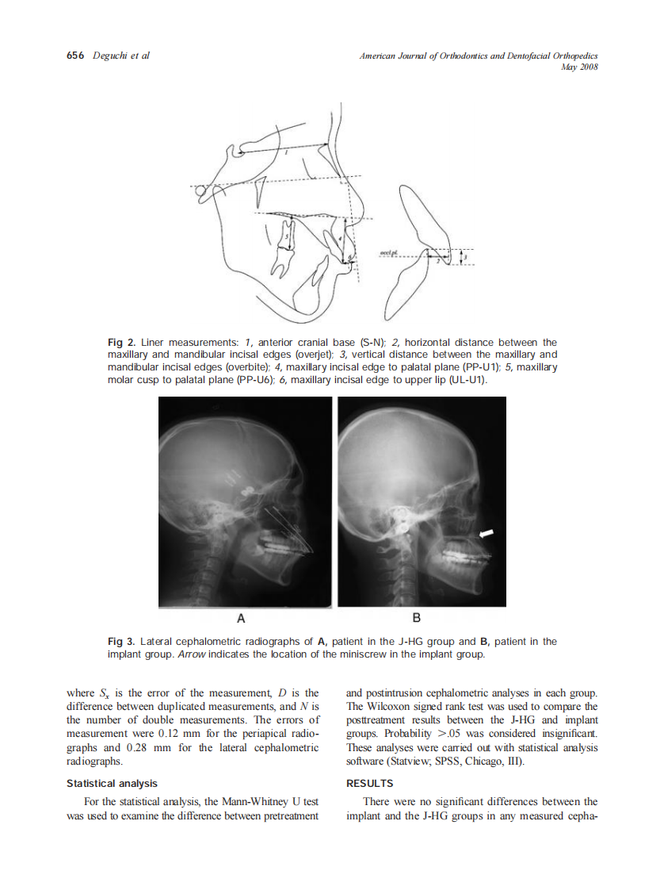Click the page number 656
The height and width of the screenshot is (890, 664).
tap(74, 56)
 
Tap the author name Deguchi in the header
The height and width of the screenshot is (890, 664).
tap(109, 56)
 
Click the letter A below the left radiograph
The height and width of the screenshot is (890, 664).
tap(242, 616)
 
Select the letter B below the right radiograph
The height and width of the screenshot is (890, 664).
tap(417, 616)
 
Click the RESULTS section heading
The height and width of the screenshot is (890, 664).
tap(369, 783)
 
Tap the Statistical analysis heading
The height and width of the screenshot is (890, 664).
tap(112, 783)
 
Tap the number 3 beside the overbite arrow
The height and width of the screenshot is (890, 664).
tap(466, 257)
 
